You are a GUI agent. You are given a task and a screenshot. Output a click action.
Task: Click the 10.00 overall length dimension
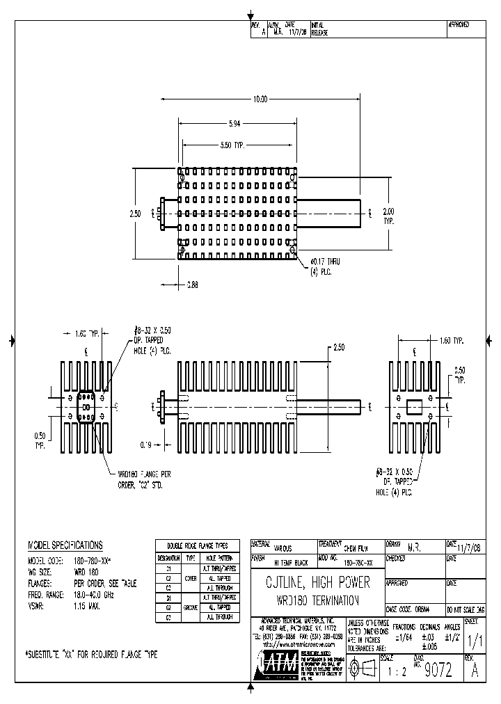pos(260,99)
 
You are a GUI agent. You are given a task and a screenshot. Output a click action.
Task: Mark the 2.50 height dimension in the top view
pos(135,214)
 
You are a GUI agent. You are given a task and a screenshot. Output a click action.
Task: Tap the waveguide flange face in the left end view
pos(86,407)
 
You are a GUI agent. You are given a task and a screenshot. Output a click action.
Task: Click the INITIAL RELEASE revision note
pos(321,29)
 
